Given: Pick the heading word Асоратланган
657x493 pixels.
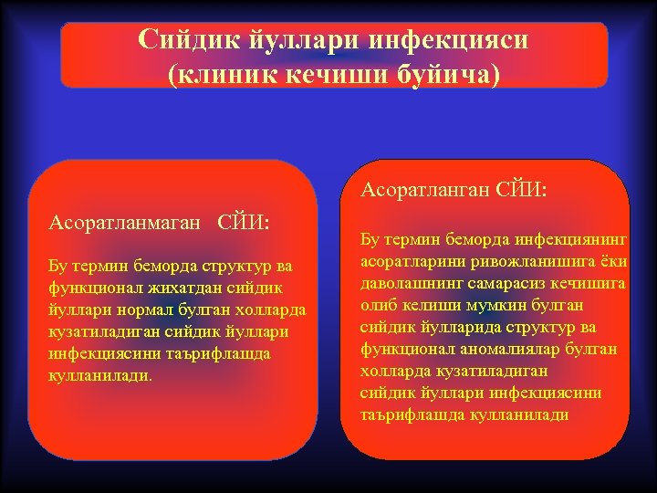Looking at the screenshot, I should [x=425, y=190].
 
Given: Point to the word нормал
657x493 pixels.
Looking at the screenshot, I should [x=135, y=309].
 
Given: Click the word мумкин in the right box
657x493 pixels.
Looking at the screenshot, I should [x=487, y=305].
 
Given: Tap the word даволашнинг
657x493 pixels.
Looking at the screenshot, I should [x=408, y=283].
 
